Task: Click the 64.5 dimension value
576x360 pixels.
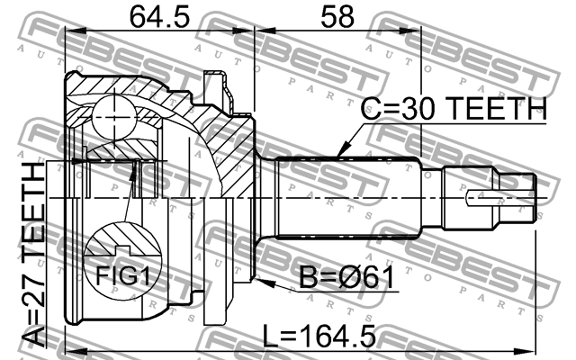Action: (160, 16)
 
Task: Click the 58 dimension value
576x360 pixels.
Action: (337, 16)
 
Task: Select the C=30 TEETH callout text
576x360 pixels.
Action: (454, 108)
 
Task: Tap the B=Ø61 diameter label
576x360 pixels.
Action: (346, 277)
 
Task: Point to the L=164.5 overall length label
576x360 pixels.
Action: (319, 336)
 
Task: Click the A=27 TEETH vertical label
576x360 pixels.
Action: (33, 256)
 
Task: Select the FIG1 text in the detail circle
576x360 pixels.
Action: (123, 275)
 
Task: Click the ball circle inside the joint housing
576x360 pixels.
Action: (114, 117)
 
